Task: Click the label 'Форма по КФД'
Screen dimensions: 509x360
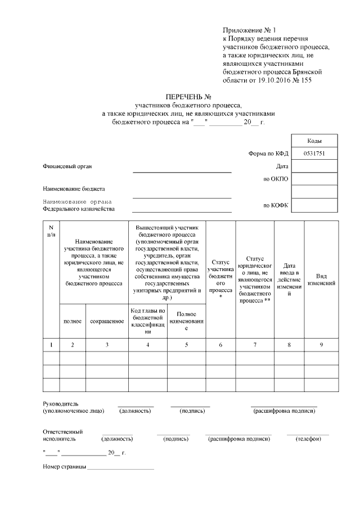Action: coord(268,154)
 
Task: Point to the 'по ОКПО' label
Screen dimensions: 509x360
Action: coord(276,179)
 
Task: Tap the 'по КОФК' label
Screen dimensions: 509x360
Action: coord(276,205)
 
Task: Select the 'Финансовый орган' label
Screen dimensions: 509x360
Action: coord(67,166)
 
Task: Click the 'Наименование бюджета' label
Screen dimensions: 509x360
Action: coord(74,188)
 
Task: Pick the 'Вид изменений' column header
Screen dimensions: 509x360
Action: coord(321,280)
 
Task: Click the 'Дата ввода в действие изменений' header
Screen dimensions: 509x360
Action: coord(289,280)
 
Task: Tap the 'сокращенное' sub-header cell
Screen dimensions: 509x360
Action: coord(107,321)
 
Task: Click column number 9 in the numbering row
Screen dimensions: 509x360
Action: coord(321,344)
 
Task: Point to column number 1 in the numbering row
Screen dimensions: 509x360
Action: coord(51,344)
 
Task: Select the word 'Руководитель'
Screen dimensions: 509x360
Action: coord(61,404)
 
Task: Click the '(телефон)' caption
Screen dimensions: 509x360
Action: coord(308,439)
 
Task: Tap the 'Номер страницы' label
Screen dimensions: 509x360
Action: coord(64,467)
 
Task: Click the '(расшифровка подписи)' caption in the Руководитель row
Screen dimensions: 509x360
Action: coord(284,411)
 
